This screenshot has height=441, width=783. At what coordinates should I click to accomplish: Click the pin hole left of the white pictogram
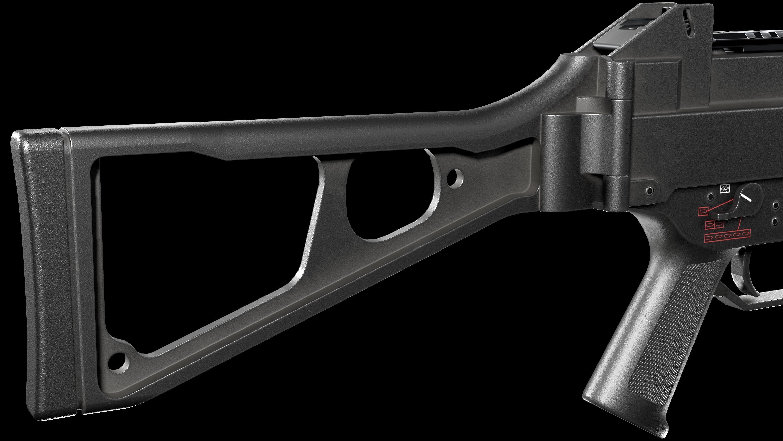click(710, 197)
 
